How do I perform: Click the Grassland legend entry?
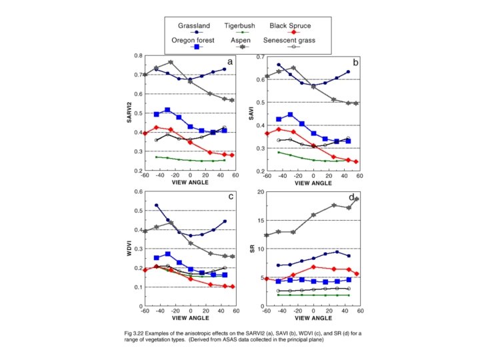coord(194,27)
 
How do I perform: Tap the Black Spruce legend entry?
coord(290,27)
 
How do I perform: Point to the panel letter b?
coord(355,61)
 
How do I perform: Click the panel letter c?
coord(230,197)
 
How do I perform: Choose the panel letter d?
coord(351,198)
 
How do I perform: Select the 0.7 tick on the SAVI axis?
coord(259,55)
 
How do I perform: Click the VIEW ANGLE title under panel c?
coord(191,318)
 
